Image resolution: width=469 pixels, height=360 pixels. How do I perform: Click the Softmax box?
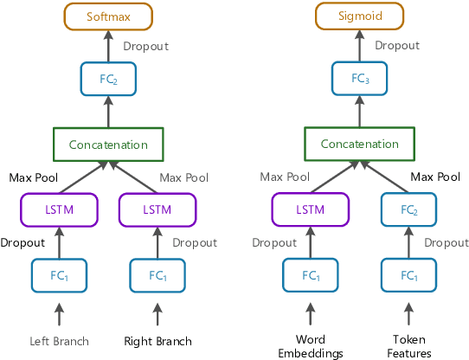tap(108, 16)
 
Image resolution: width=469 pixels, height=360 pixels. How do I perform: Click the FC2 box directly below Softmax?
tap(108, 79)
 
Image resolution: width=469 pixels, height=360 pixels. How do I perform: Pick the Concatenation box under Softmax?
tap(108, 145)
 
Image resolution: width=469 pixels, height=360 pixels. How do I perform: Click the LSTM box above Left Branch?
tap(59, 209)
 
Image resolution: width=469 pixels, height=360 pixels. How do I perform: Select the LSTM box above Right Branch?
tap(158, 209)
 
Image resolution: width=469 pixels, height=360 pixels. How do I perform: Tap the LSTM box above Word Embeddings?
tap(310, 209)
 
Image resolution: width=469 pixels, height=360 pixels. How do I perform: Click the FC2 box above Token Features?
tap(409, 209)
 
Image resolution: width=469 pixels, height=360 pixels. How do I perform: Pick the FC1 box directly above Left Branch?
tap(59, 275)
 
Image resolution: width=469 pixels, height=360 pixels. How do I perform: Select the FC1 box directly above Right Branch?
tap(158, 275)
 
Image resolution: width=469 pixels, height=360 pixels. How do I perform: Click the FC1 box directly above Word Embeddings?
tap(310, 275)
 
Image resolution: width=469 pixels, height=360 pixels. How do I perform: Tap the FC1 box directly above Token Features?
tap(409, 275)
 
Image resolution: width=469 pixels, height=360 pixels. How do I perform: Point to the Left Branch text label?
tap(59, 341)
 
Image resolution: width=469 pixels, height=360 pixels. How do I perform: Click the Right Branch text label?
tap(158, 341)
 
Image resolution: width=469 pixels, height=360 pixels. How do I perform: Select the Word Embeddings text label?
tap(310, 346)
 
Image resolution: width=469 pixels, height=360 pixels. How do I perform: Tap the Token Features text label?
tap(409, 346)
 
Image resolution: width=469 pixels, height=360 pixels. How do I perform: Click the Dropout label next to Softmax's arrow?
tap(145, 46)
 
